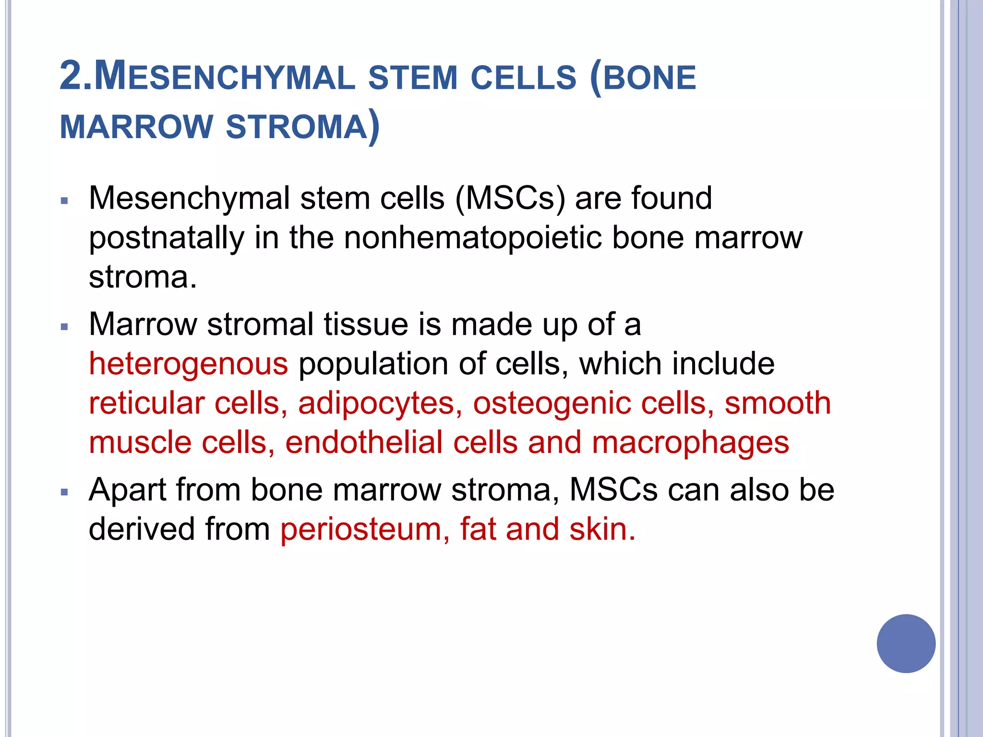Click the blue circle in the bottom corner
point(906,643)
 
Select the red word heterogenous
point(188,363)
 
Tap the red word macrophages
point(690,442)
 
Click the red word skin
point(602,529)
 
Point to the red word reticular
point(146,403)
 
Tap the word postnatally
point(166,238)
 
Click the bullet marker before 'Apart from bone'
point(65,492)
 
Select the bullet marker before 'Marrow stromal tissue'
point(65,327)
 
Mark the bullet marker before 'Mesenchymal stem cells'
point(65,201)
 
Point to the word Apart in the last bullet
point(127,490)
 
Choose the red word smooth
point(778,403)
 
